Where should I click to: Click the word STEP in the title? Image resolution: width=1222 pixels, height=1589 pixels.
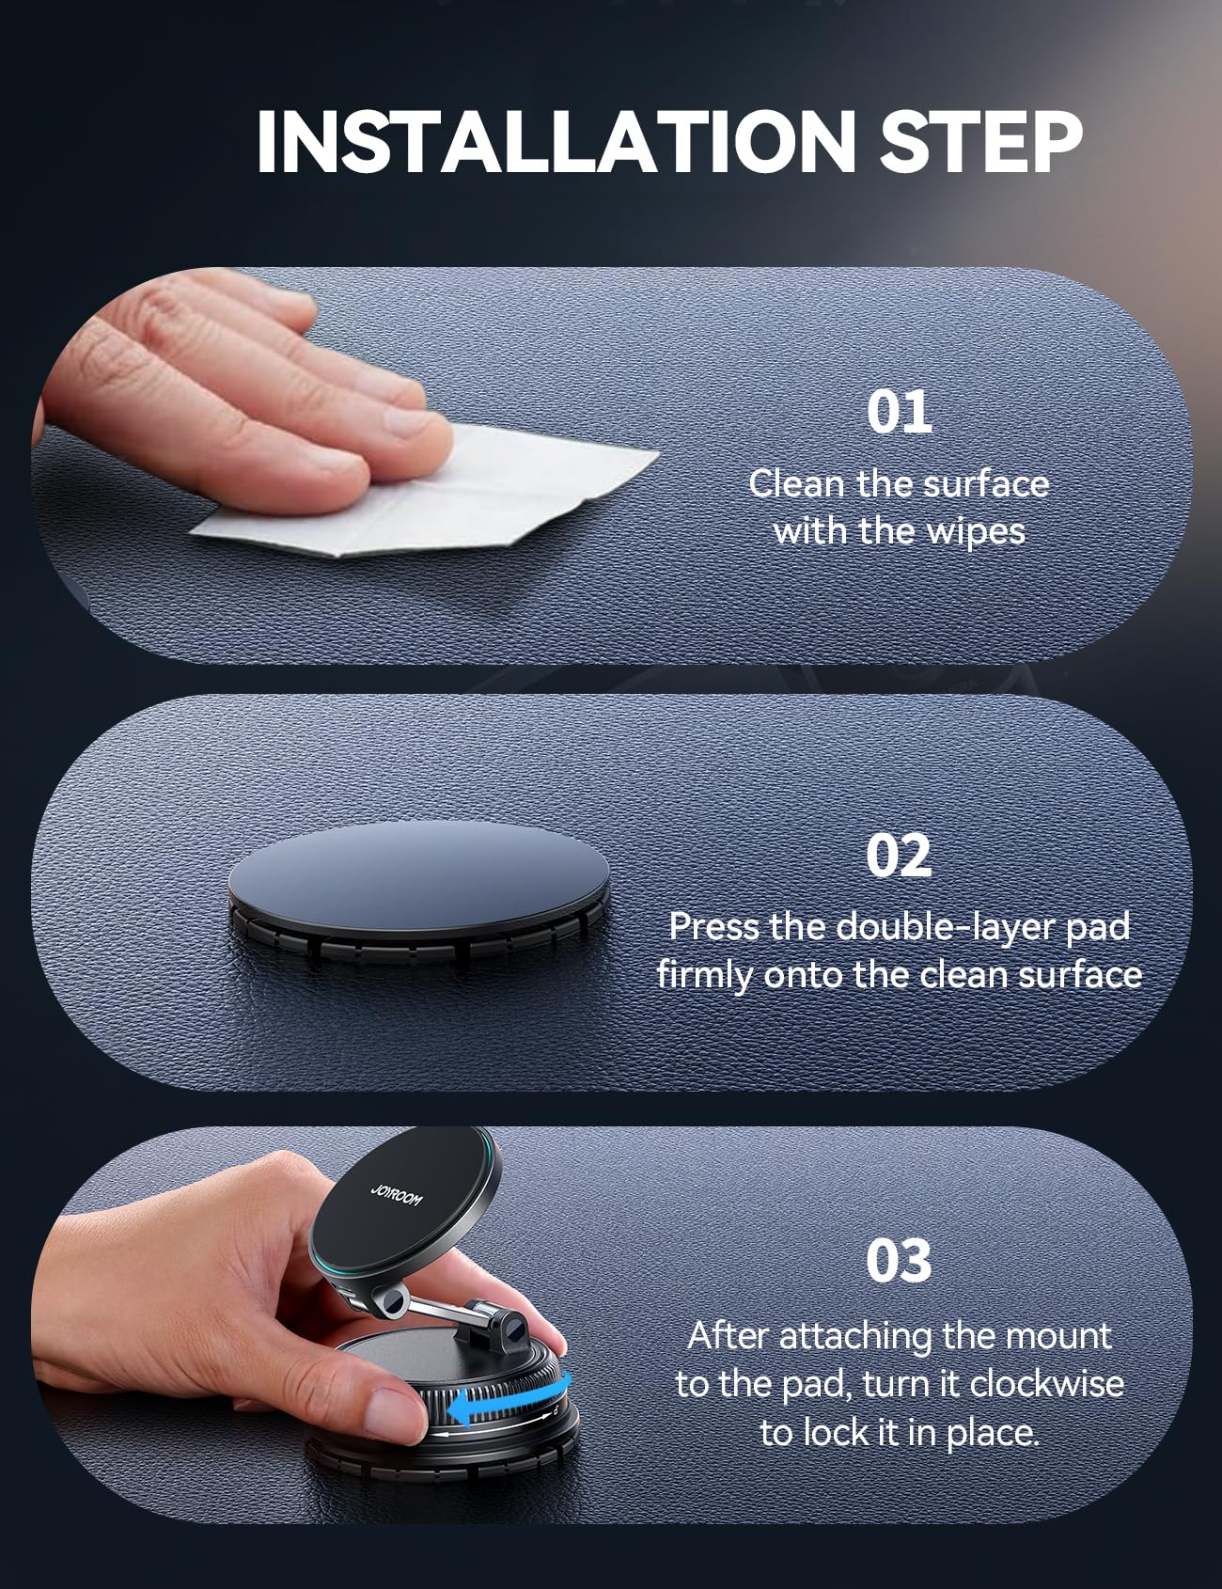(981, 143)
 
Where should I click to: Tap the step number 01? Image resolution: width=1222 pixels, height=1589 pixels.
(899, 412)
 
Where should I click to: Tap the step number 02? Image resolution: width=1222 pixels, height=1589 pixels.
(899, 855)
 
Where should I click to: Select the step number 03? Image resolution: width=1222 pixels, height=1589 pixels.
(899, 1262)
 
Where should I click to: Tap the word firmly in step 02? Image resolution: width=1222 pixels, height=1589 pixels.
(704, 976)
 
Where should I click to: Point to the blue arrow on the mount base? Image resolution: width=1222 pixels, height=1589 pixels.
(509, 1408)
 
